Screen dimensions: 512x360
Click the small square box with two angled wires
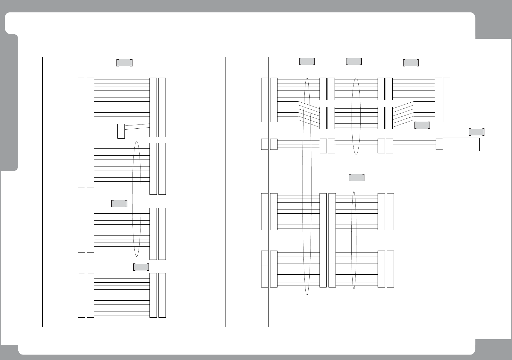coord(121,131)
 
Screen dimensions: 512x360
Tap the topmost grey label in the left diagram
coord(124,63)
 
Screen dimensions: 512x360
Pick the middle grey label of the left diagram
coord(119,203)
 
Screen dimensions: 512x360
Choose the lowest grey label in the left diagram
coord(141,267)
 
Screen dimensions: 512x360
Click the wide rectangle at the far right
coord(461,144)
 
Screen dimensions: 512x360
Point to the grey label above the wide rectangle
coord(477,132)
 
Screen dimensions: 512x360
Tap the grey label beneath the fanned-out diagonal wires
coord(422,125)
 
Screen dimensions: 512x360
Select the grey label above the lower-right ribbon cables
coord(356,177)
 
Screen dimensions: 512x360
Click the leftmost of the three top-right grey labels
coord(307,61)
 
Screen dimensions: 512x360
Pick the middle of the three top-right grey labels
coord(354,61)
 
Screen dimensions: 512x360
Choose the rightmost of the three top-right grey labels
coord(411,63)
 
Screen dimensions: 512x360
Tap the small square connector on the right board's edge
coord(265,144)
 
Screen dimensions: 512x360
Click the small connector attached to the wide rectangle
coord(439,144)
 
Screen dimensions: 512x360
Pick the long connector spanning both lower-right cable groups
coord(323,240)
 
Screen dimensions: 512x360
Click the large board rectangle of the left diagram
coord(64,192)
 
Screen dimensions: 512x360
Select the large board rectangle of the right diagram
coord(247,192)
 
